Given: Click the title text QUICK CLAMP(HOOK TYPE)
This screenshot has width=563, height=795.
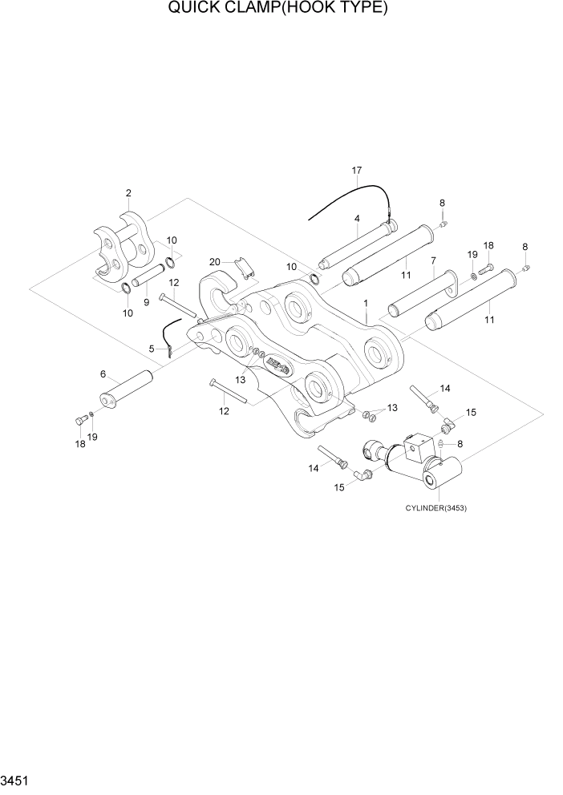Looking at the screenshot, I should (x=278, y=9).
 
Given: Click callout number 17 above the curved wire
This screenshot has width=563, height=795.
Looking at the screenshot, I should (x=357, y=171).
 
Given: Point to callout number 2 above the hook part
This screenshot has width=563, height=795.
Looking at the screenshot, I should (x=128, y=193).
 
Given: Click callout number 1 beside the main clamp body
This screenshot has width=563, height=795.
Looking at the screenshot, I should (x=365, y=304).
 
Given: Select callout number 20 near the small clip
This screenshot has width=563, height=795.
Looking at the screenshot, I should (x=214, y=261).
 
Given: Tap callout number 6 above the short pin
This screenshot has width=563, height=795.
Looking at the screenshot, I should (x=103, y=374).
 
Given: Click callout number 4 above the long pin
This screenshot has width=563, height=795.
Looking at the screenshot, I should (x=357, y=218).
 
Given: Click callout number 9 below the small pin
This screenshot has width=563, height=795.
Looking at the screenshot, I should (x=146, y=302).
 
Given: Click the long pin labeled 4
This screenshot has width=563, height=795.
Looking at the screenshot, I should (x=357, y=246).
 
